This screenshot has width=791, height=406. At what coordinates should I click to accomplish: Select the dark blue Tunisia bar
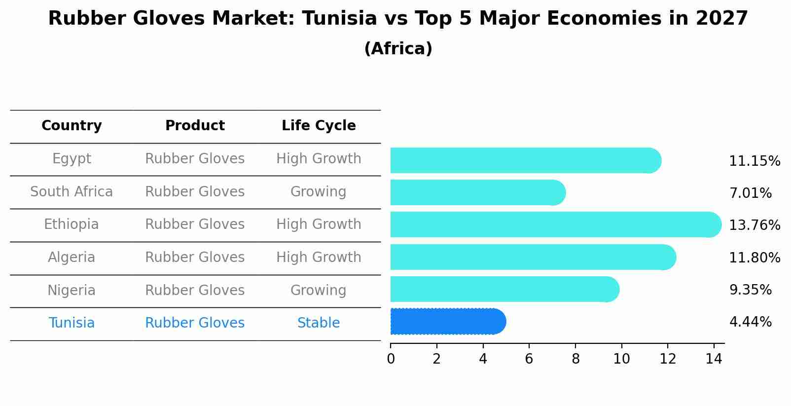pos(446,322)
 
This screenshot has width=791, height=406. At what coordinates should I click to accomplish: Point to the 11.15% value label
pos(754,161)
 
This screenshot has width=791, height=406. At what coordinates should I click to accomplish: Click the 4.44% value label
pos(750,322)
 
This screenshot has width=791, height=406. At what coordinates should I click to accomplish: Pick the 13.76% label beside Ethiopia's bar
pos(754,225)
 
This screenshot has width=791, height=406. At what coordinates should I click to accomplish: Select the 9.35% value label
pos(750,290)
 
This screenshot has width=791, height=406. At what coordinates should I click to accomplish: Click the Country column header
pos(72,126)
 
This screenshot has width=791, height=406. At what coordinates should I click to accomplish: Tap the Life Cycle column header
pos(319,126)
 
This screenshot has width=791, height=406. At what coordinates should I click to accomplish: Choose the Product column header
pos(195,126)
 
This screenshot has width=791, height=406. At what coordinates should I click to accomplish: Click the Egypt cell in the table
pos(72,159)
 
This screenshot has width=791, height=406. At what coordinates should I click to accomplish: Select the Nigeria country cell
pos(72,291)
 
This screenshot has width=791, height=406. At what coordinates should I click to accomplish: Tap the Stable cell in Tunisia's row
pos(319,323)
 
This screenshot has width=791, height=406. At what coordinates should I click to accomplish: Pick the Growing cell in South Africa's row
pos(319,192)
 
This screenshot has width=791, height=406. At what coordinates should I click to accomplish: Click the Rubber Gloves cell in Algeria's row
pos(195,258)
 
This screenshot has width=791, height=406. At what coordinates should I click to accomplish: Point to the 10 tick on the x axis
pos(621,359)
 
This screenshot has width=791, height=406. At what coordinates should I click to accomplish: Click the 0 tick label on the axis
pos(391,359)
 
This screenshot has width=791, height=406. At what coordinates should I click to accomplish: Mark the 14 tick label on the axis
pos(714,359)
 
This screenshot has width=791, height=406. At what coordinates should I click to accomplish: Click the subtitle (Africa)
pos(398,49)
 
